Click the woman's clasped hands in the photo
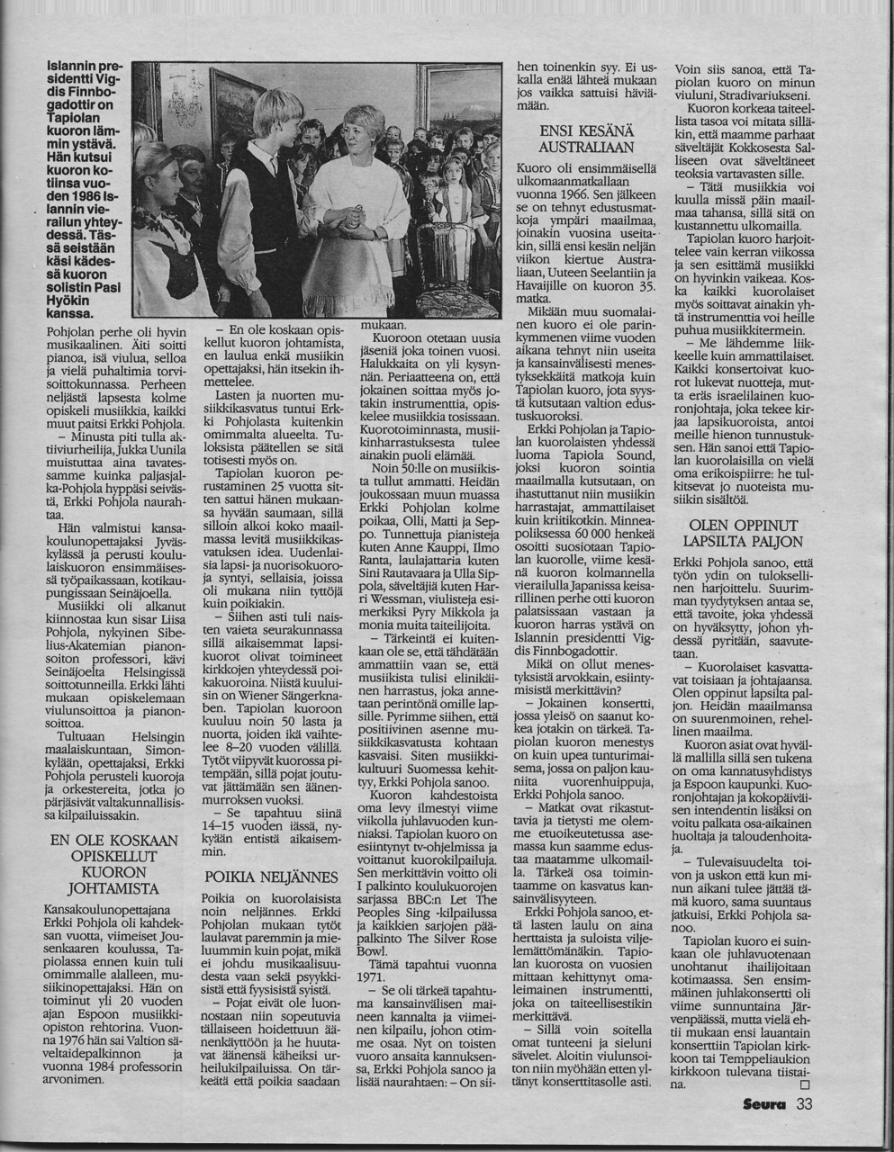click(x=353, y=217)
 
